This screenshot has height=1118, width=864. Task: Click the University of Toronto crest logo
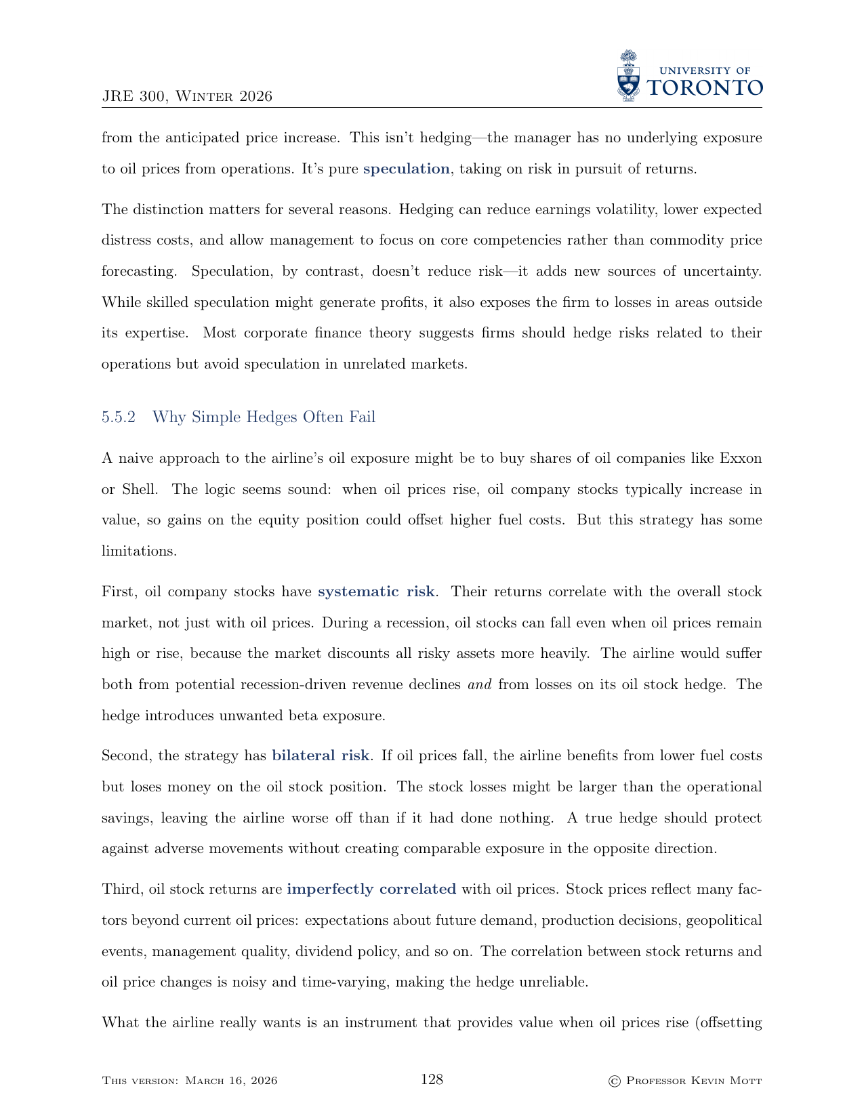(629, 76)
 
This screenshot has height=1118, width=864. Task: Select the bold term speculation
(406, 169)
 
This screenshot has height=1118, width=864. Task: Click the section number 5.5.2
(119, 417)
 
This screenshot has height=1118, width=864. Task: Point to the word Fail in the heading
(362, 417)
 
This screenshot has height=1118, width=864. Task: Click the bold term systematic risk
(376, 592)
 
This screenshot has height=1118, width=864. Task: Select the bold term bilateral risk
(321, 755)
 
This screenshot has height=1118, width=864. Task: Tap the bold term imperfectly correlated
(371, 889)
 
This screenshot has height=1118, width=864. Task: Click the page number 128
(432, 1079)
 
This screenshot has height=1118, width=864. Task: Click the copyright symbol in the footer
(615, 1081)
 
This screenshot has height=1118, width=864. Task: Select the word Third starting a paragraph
(121, 889)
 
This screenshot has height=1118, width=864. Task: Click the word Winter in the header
(203, 97)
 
